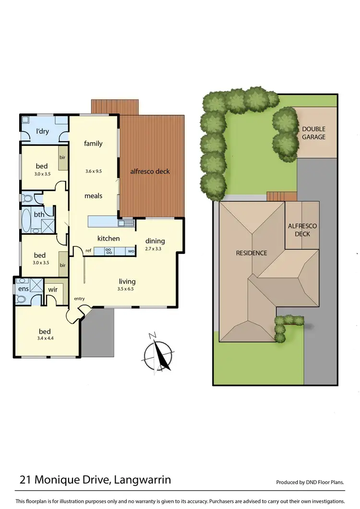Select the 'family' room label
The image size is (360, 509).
(93, 143)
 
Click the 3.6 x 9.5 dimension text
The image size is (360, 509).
(94, 170)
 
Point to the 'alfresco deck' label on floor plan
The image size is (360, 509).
(150, 171)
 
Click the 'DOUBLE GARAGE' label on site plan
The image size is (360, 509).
(313, 133)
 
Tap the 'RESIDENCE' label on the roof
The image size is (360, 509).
(252, 253)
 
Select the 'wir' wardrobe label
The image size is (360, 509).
(53, 290)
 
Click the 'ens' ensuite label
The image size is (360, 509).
(23, 289)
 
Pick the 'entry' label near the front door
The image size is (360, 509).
(79, 299)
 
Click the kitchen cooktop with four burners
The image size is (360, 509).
(108, 250)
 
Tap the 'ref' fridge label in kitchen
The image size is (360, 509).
(88, 251)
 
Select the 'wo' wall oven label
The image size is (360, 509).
(131, 251)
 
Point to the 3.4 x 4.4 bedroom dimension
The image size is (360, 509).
(45, 339)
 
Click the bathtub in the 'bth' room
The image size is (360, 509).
(26, 221)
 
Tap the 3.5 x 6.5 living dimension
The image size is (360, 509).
(127, 289)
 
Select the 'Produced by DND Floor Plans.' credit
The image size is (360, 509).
(311, 482)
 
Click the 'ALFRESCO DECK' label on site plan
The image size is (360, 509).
(302, 230)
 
